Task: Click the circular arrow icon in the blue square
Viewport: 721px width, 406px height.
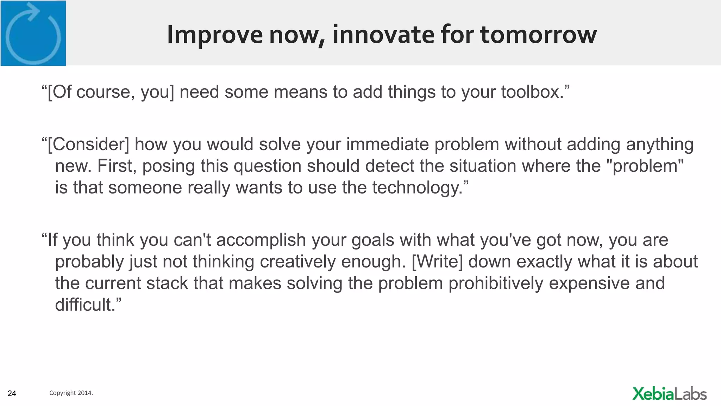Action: (x=33, y=33)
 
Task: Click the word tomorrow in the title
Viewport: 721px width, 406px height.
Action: (x=538, y=35)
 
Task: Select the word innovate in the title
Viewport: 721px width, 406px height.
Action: (x=383, y=35)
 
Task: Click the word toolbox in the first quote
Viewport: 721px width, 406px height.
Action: (x=531, y=92)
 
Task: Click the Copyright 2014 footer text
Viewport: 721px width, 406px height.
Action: (x=71, y=393)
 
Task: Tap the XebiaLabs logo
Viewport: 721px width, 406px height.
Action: (x=669, y=394)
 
